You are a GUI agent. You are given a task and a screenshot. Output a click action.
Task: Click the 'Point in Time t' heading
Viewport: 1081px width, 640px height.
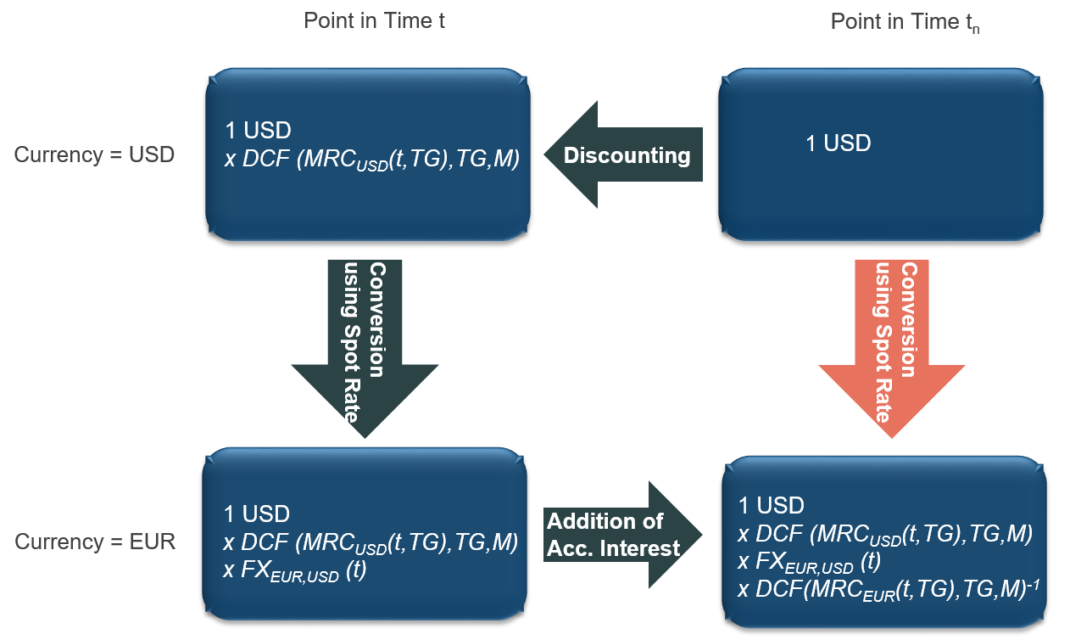tap(375, 21)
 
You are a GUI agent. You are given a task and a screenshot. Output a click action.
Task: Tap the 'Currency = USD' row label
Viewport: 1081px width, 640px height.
tap(94, 155)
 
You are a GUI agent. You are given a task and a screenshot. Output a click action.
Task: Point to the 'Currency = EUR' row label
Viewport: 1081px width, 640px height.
tap(95, 542)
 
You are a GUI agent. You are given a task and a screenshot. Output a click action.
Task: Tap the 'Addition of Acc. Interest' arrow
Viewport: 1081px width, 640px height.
tap(623, 535)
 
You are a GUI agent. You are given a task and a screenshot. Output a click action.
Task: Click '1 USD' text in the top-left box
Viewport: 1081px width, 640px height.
tap(258, 131)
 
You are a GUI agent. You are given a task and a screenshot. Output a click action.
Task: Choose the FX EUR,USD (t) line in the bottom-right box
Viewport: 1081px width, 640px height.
tap(809, 562)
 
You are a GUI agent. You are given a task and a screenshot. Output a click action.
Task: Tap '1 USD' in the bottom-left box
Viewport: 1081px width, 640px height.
tap(257, 514)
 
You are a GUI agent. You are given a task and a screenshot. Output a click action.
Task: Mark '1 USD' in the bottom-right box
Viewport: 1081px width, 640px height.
tap(772, 506)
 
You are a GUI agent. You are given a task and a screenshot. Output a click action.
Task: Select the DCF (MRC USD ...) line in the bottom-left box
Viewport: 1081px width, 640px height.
tap(371, 542)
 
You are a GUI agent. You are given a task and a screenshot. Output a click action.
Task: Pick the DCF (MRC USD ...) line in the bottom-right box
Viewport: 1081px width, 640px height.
tap(885, 534)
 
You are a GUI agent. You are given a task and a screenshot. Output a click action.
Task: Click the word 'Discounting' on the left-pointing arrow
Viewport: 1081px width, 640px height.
tap(627, 155)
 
